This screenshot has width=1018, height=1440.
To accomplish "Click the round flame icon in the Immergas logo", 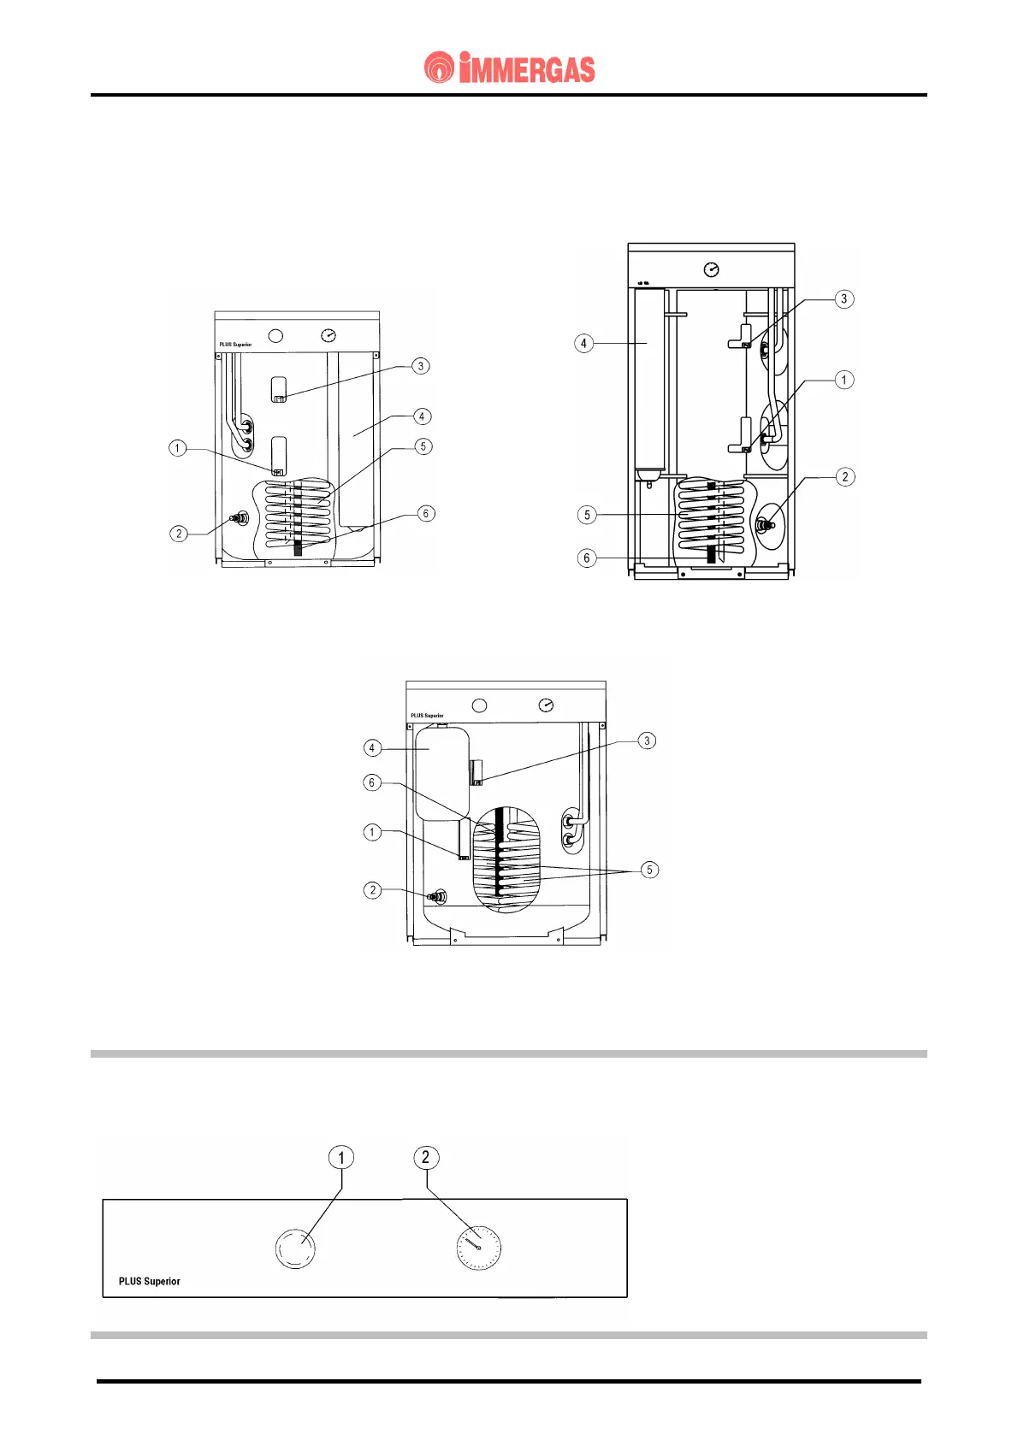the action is tap(439, 68).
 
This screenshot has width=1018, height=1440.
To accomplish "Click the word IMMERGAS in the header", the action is tap(527, 68).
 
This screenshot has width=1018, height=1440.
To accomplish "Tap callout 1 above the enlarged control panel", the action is tap(341, 1158).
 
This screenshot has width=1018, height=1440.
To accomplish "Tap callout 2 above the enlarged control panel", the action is tap(425, 1158).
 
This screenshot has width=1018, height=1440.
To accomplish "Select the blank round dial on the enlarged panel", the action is tap(295, 1248).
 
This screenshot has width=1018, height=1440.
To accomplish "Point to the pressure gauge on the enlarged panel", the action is tap(479, 1248).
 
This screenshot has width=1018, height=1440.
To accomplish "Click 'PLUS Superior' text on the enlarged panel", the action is tap(150, 1281).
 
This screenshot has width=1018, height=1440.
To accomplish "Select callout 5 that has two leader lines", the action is tap(649, 870).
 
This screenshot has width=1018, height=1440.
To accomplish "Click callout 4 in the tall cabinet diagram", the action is tap(583, 344).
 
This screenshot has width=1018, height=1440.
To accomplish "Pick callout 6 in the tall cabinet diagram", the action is tap(586, 558).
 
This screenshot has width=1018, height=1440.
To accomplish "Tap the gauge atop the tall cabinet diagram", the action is tap(711, 270).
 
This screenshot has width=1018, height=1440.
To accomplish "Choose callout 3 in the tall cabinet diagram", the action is tap(844, 298).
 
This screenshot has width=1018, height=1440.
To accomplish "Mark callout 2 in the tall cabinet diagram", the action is tap(845, 477).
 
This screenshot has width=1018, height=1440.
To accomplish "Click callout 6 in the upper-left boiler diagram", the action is tap(426, 513).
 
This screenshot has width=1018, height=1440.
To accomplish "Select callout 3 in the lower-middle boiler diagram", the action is tap(647, 741).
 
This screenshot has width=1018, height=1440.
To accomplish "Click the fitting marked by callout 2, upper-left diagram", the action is tap(240, 518).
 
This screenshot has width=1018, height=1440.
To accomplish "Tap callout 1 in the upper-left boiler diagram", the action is tap(178, 448).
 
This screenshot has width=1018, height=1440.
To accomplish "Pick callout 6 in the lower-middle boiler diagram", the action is tap(371, 782).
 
